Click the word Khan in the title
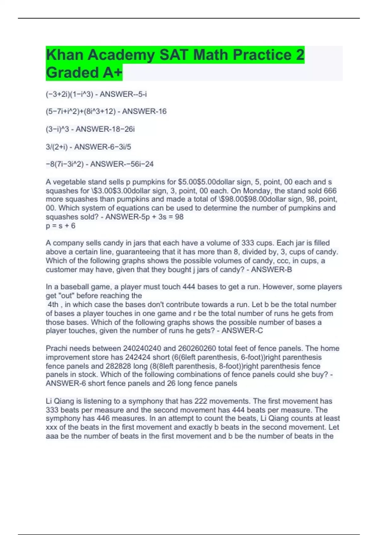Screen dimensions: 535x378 pyautogui.click(x=65, y=55)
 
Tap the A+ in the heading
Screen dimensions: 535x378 pyautogui.click(x=112, y=73)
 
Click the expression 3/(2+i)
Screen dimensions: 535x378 pyautogui.click(x=57, y=147)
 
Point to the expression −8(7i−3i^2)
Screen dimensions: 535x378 pyautogui.click(x=65, y=164)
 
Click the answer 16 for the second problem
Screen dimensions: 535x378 pyautogui.click(x=162, y=111)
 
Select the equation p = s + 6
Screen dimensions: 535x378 pyautogui.click(x=60, y=226)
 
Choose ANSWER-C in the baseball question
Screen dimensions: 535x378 pyautogui.click(x=242, y=331)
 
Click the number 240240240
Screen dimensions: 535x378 pyautogui.click(x=142, y=348)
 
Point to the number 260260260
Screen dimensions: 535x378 pyautogui.click(x=197, y=348)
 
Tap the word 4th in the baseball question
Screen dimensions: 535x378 pyautogui.click(x=53, y=305)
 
